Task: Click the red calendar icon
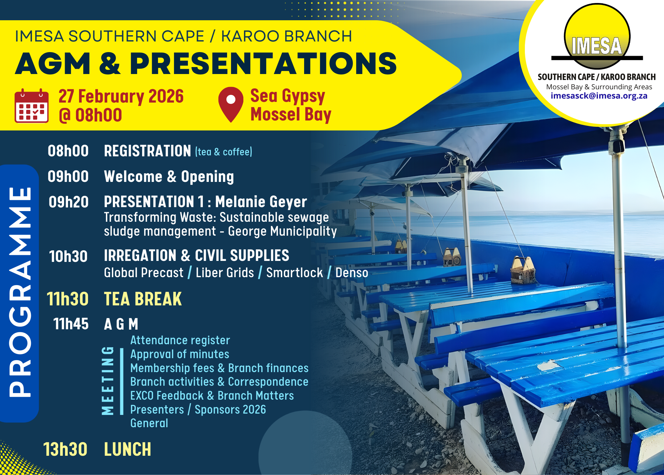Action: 32,106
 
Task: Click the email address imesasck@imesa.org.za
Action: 599,96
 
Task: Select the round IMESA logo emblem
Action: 597,37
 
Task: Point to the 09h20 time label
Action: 69,202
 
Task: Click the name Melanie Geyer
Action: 261,202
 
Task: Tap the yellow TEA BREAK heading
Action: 143,299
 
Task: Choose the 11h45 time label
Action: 71,324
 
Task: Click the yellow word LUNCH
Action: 127,449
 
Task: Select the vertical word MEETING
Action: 108,380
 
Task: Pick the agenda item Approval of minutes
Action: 180,354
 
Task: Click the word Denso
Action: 352,273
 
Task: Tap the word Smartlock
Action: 294,273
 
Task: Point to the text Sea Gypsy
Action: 288,96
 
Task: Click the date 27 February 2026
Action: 121,97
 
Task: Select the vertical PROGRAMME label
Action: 20,292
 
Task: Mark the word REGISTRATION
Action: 147,151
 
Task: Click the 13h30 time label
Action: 65,449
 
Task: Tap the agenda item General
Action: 149,423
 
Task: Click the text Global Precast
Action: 143,273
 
